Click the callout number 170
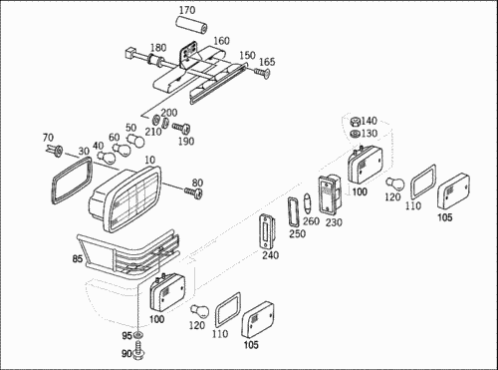point(187,10)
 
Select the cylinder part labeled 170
point(191,26)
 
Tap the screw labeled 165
point(262,72)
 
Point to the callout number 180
point(158,48)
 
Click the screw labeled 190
point(181,128)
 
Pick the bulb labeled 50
point(136,141)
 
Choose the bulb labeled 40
point(107,157)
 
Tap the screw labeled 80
point(194,192)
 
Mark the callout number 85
point(78,258)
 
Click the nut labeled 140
point(356,122)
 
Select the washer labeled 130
point(356,135)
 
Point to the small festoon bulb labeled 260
point(307,203)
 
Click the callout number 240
point(271,255)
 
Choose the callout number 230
point(334,222)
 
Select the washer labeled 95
point(137,334)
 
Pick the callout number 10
point(150,160)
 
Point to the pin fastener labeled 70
point(55,151)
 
